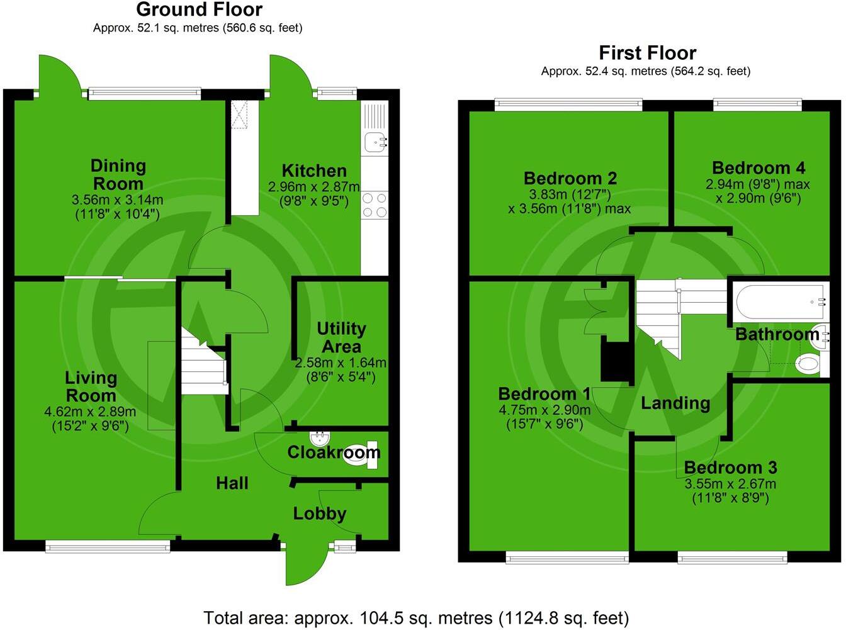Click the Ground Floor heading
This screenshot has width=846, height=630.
click(x=199, y=9)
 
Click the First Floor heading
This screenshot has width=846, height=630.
click(x=647, y=52)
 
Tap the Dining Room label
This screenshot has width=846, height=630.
click(x=118, y=175)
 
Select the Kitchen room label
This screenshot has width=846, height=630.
click(x=314, y=171)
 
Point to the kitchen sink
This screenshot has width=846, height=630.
click(x=375, y=142)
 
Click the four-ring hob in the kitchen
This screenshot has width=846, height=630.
click(x=375, y=205)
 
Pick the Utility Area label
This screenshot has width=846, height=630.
click(x=341, y=337)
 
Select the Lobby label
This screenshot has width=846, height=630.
click(x=320, y=514)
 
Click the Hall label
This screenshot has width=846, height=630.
click(x=232, y=483)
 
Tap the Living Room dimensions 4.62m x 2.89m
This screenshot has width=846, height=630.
click(x=90, y=412)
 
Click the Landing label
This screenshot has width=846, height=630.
click(x=675, y=403)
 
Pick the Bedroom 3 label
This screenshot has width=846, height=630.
click(x=730, y=468)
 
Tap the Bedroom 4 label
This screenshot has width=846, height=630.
click(x=759, y=168)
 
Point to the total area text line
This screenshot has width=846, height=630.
click(x=416, y=617)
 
